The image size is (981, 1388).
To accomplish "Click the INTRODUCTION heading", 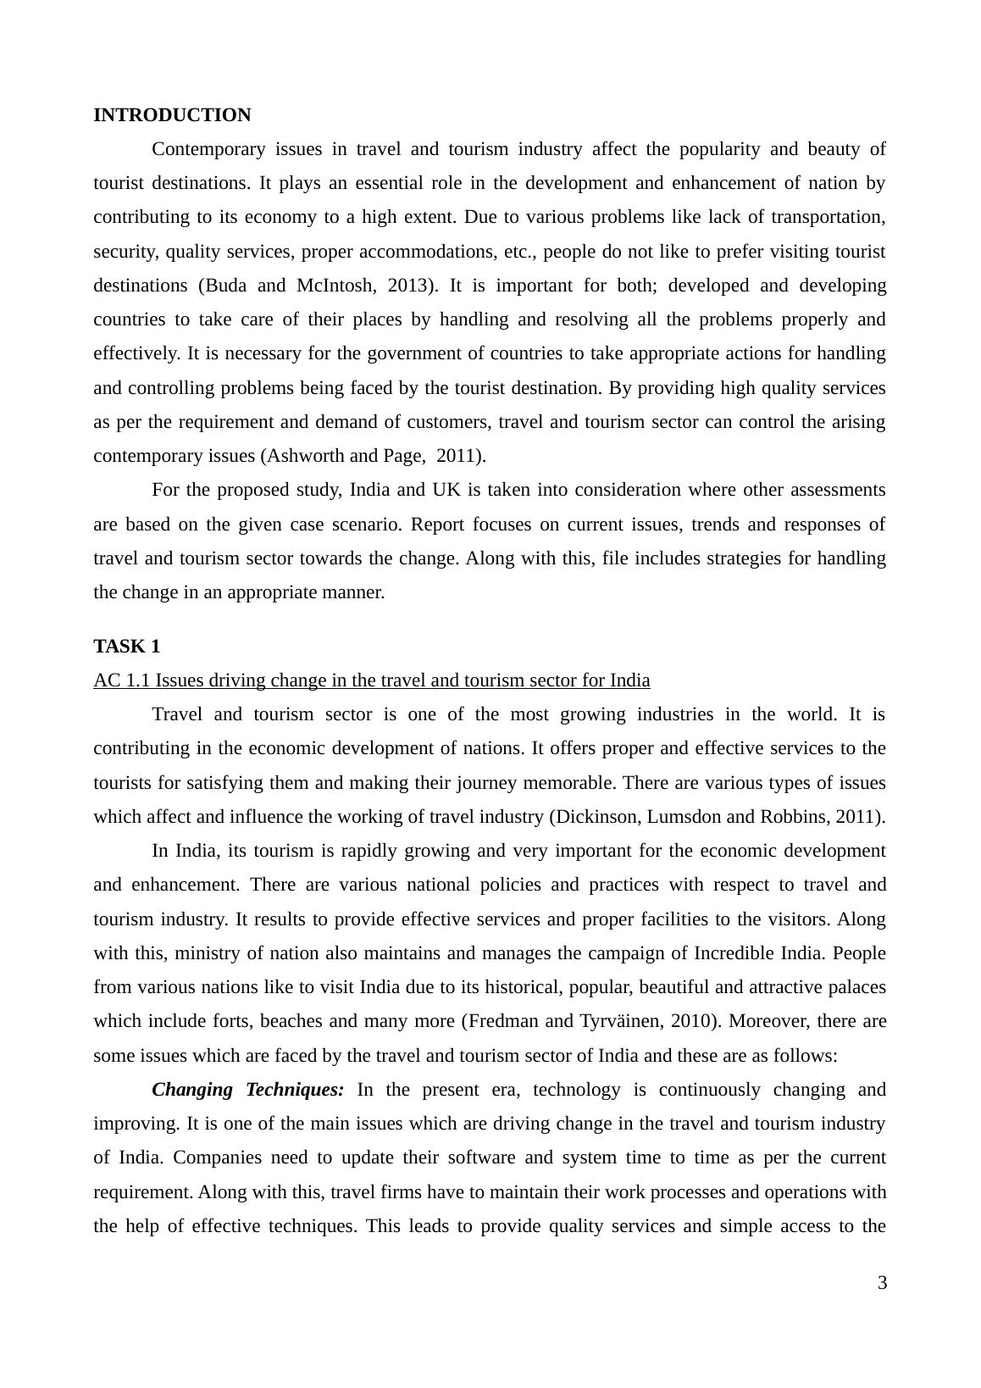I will tap(172, 115).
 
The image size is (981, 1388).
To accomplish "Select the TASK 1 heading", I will tap(126, 647).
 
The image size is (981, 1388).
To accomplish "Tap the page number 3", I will tap(882, 1283).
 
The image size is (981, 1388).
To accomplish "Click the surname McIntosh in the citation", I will tap(335, 286).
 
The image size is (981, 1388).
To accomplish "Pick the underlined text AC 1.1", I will tap(122, 680).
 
